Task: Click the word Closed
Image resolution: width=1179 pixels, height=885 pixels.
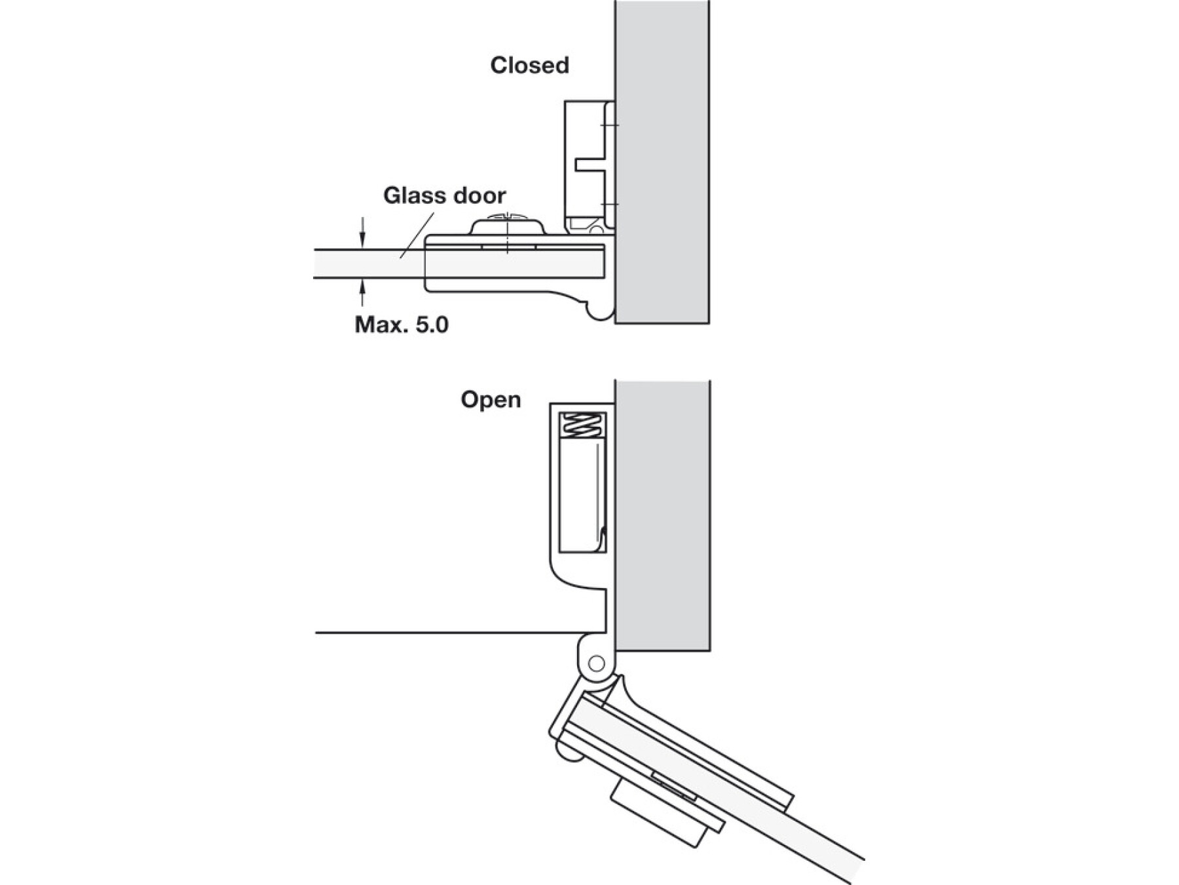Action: click(x=529, y=66)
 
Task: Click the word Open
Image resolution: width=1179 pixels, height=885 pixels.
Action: click(x=491, y=400)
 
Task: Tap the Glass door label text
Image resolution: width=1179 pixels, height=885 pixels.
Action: click(x=444, y=196)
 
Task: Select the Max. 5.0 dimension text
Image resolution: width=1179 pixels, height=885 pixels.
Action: click(x=402, y=324)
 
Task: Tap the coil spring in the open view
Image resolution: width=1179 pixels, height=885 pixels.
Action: click(x=582, y=426)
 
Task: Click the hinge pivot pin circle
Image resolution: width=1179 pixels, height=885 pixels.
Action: click(x=596, y=663)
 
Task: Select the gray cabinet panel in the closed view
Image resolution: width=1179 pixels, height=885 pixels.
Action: click(x=662, y=164)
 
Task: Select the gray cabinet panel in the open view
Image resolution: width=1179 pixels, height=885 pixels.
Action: click(x=662, y=511)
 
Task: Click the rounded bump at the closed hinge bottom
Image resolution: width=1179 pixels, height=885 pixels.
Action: click(x=599, y=312)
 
